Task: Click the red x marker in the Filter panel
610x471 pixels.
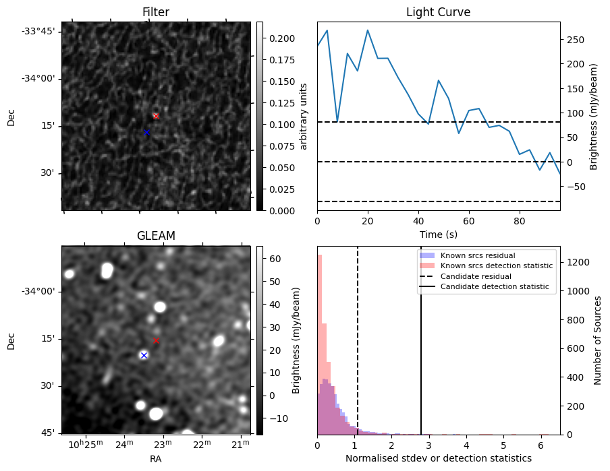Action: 156,116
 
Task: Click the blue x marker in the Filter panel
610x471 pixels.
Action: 146,132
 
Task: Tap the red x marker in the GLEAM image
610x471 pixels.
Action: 156,341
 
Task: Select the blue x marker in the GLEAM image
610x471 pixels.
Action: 144,355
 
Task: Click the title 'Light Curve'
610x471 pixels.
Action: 438,13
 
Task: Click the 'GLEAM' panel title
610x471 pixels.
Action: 156,236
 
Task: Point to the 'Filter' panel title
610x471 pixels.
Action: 156,13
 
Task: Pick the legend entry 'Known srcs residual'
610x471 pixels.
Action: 477,255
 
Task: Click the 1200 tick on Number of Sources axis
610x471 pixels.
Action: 576,261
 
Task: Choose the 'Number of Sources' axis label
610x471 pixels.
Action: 598,340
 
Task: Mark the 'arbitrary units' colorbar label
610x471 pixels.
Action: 304,116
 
